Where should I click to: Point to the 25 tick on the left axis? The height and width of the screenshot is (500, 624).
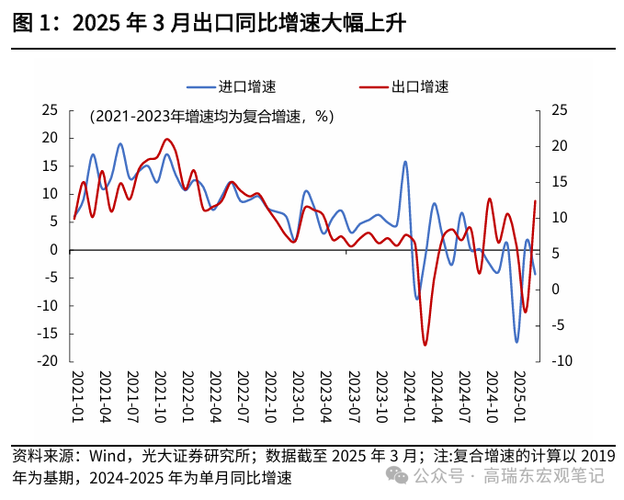pyautogui.click(x=50, y=110)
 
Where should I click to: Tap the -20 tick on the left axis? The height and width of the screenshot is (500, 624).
pyautogui.click(x=47, y=361)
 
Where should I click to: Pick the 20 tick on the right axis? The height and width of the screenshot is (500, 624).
pyautogui.click(x=559, y=146)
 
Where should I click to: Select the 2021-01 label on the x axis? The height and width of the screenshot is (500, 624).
pyautogui.click(x=77, y=396)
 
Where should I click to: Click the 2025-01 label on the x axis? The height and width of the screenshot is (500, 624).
pyautogui.click(x=518, y=396)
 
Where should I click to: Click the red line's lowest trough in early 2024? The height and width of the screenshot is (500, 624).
pyautogui.click(x=425, y=345)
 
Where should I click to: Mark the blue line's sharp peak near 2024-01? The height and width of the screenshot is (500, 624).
pyautogui.click(x=405, y=162)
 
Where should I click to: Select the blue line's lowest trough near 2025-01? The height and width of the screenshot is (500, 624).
pyautogui.click(x=516, y=342)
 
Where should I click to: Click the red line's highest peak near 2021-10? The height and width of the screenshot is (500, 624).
pyautogui.click(x=166, y=140)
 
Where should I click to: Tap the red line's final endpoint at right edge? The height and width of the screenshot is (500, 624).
pyautogui.click(x=535, y=201)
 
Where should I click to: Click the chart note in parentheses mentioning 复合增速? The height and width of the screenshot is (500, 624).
pyautogui.click(x=211, y=117)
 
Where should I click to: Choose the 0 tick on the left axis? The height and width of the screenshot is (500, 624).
pyautogui.click(x=54, y=250)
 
